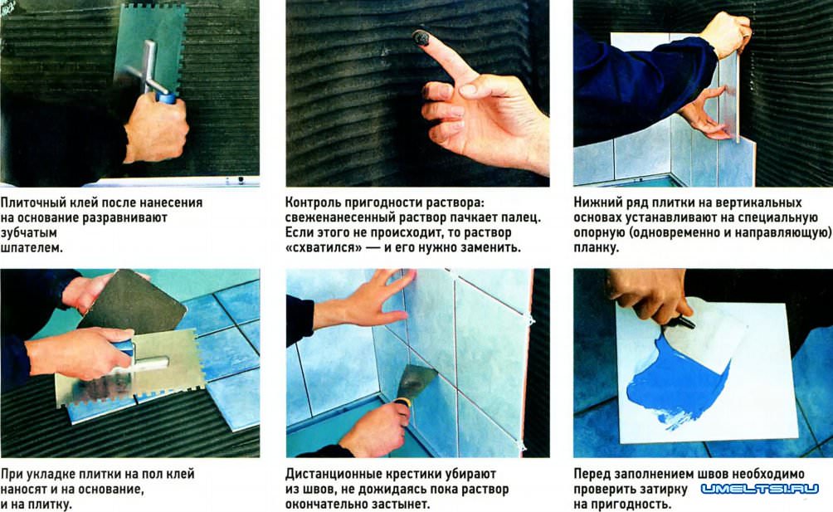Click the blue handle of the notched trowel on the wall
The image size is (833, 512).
click(166, 97)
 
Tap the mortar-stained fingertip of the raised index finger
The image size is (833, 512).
click(421, 37)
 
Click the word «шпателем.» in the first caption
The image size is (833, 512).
click(32, 248)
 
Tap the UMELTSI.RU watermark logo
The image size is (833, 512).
click(760, 489)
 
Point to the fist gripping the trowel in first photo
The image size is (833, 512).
click(156, 128)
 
